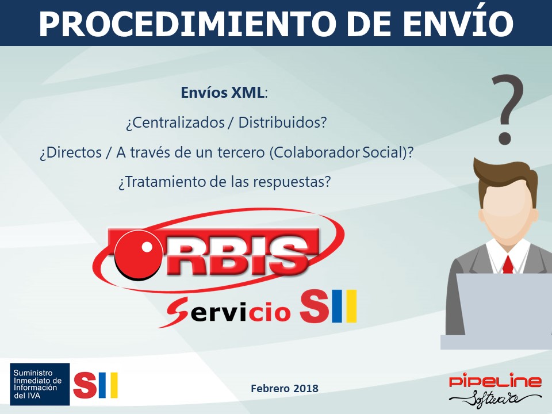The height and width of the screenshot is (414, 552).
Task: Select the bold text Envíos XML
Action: click(223, 93)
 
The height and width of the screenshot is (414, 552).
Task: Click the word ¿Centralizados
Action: click(175, 122)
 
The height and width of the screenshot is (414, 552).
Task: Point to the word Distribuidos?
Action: click(283, 122)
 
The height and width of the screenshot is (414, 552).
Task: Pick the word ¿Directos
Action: click(71, 152)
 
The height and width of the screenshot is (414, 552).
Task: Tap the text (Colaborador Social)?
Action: click(342, 152)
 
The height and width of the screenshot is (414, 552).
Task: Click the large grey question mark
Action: click(507, 109)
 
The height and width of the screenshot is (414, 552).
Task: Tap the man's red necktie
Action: click(508, 264)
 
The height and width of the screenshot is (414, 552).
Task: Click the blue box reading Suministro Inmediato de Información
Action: click(40, 385)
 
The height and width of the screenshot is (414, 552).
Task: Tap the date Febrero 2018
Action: click(285, 388)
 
